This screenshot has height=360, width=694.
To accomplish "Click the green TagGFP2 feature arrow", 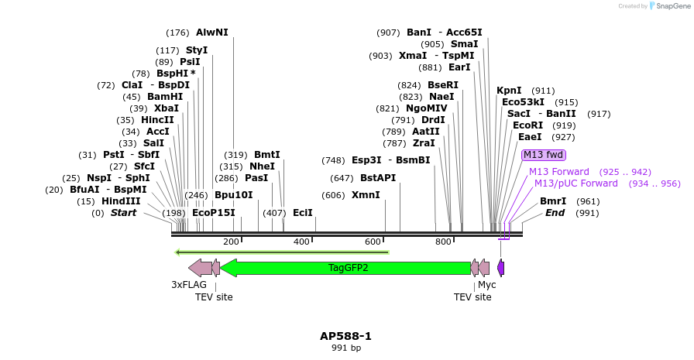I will pyautogui.click(x=349, y=268).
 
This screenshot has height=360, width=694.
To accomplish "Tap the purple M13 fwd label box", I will pyautogui.click(x=544, y=155).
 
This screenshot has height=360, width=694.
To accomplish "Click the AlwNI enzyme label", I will pyautogui.click(x=212, y=33).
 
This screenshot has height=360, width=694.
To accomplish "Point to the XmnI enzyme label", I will pyautogui.click(x=366, y=195).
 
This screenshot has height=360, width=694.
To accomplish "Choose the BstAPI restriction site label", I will pyautogui.click(x=378, y=178).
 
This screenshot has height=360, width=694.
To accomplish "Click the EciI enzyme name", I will pyautogui.click(x=303, y=213).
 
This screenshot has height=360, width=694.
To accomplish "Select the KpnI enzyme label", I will pyautogui.click(x=509, y=91).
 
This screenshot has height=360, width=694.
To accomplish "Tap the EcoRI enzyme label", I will pyautogui.click(x=527, y=125).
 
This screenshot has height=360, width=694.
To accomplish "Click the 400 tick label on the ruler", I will pyautogui.click(x=301, y=242).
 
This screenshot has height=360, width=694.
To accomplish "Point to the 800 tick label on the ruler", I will pyautogui.click(x=443, y=242).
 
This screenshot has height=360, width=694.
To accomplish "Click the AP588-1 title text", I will pyautogui.click(x=345, y=336).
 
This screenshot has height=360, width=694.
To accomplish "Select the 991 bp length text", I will pyautogui.click(x=345, y=348).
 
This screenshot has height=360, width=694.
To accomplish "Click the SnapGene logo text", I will pyautogui.click(x=671, y=5).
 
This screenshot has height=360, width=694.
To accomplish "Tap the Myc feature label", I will pyautogui.click(x=486, y=285).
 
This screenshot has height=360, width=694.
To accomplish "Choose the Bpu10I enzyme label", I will pyautogui.click(x=234, y=195).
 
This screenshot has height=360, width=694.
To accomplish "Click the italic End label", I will pyautogui.click(x=555, y=213).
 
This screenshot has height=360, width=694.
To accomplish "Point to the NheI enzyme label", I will pyautogui.click(x=262, y=166).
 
